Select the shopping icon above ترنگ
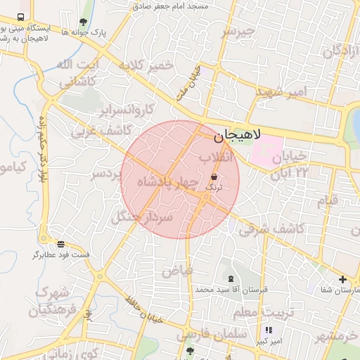pyautogui.click(x=214, y=178)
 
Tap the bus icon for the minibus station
pyautogui.click(x=20, y=17)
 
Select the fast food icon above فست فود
pyautogui.click(x=61, y=244)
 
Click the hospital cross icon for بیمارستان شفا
pyautogui.click(x=342, y=279)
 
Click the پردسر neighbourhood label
pyautogui.click(x=107, y=174)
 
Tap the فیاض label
pyautogui.click(x=177, y=270)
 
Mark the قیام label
pyautogui.click(x=328, y=200)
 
